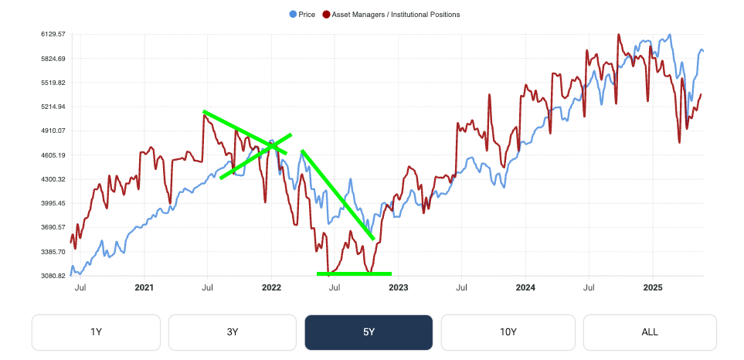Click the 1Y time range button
[x=96, y=332]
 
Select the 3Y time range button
[x=233, y=332]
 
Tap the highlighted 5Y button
[x=369, y=332]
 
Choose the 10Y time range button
[x=508, y=332]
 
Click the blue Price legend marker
[x=292, y=15]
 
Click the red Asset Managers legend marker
[x=326, y=15]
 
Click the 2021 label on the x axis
[x=144, y=287]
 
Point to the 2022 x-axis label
[x=271, y=287]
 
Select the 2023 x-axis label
[x=398, y=287]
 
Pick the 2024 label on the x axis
[x=525, y=287]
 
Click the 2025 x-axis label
[x=652, y=287]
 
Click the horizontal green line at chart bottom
[x=354, y=273]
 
